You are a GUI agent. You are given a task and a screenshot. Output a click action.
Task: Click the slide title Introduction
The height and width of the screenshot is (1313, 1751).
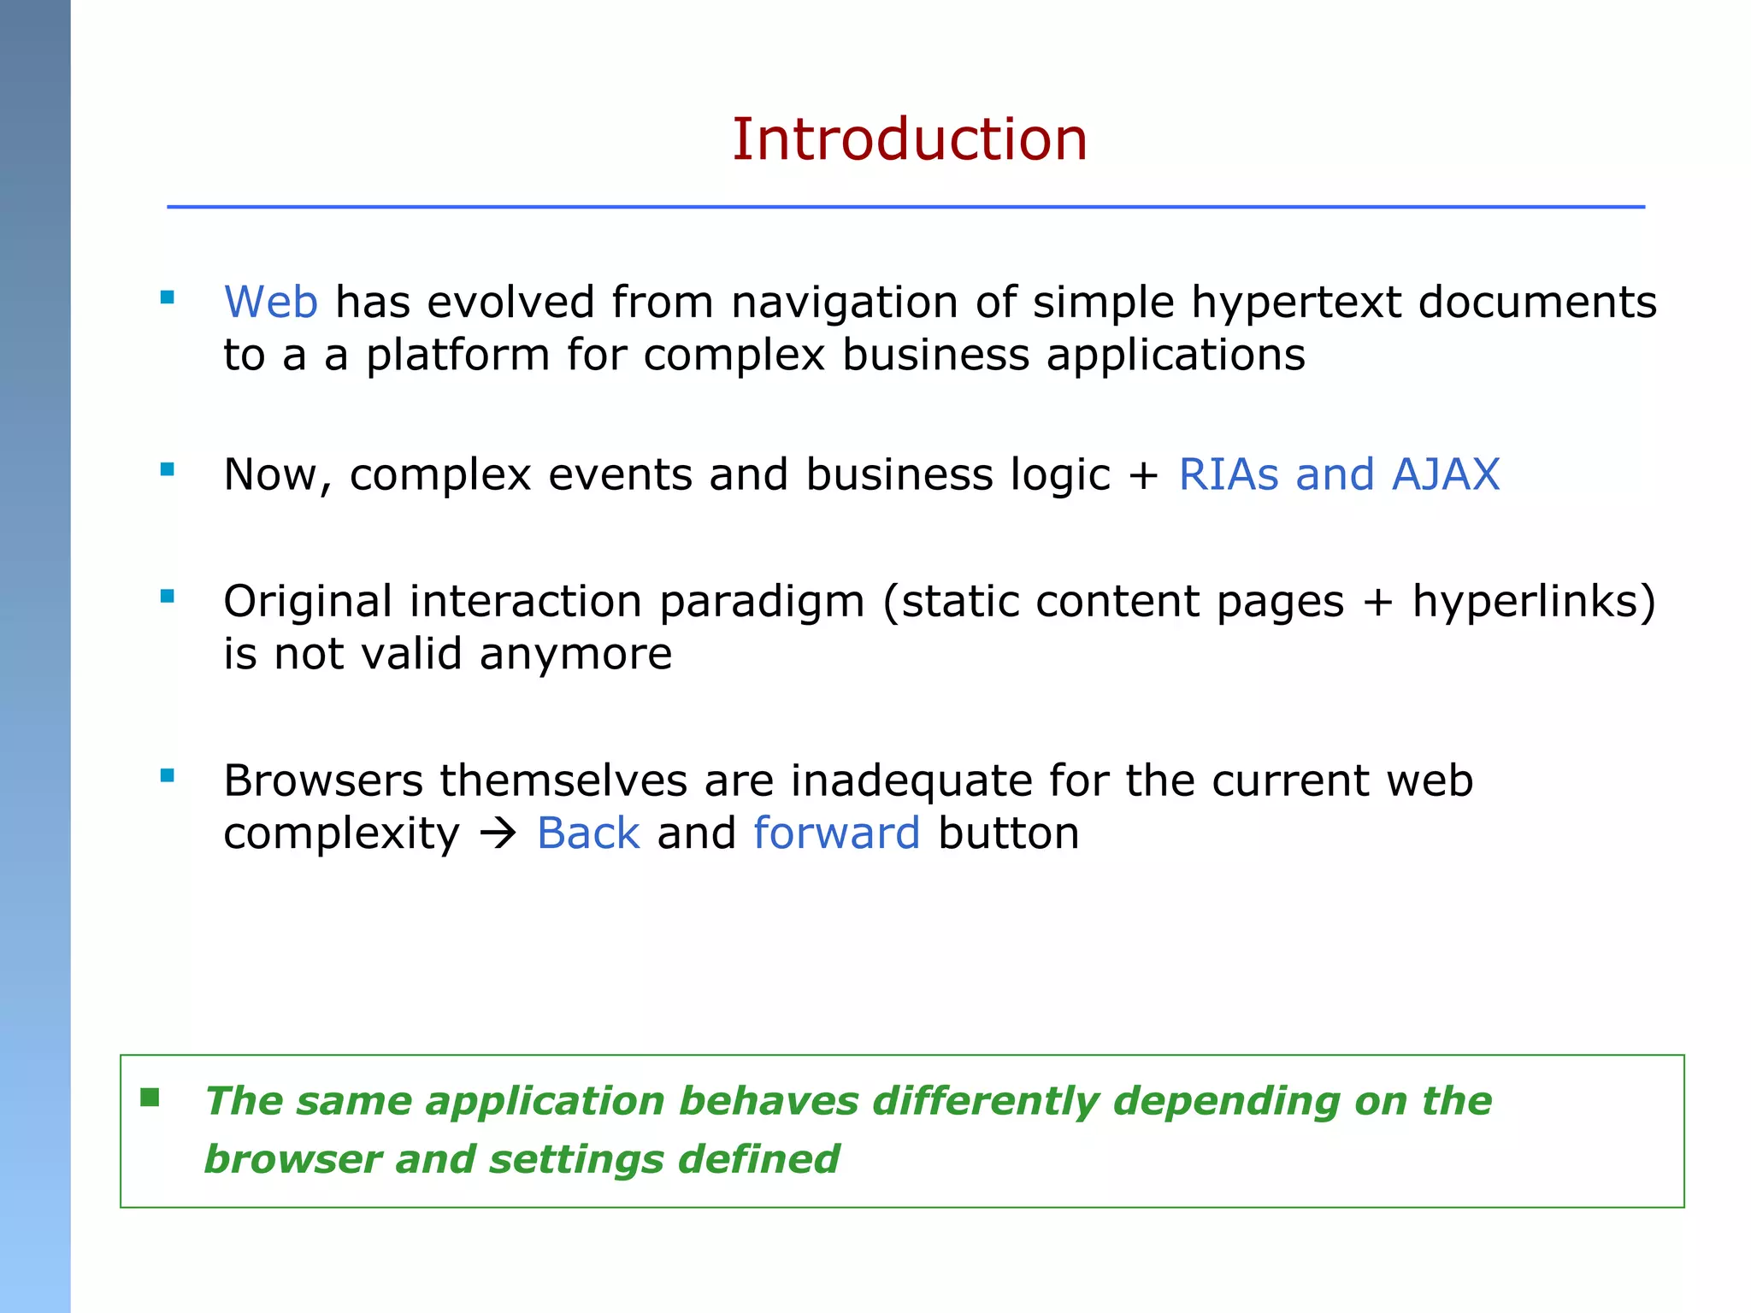[x=910, y=139]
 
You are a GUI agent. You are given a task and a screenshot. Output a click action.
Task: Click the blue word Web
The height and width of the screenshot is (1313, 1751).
[x=270, y=303]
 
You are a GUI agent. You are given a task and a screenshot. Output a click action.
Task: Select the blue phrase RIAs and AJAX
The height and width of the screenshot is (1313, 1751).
[x=1339, y=474]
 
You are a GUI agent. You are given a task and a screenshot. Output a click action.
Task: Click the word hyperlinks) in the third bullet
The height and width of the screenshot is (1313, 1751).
[x=1534, y=601]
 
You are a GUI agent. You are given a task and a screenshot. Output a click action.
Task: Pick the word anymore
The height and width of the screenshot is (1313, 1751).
[x=575, y=655]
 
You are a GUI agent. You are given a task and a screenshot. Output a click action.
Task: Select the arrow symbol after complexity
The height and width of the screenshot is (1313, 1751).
[x=498, y=833]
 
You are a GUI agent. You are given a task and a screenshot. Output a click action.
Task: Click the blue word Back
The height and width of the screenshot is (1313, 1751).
[x=588, y=833]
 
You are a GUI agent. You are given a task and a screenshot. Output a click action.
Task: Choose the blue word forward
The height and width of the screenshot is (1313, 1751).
[x=837, y=833]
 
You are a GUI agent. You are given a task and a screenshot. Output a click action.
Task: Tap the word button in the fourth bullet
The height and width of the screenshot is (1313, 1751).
[x=1009, y=833]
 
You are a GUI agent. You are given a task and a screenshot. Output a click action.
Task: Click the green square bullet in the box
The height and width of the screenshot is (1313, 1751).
[x=150, y=1098]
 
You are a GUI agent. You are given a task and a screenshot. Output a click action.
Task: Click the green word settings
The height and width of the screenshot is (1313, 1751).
[x=576, y=1160]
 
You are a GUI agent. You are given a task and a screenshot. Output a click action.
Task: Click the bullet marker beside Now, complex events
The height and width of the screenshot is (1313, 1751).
[x=168, y=469]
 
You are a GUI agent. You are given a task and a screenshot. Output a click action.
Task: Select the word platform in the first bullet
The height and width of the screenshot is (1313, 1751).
[x=457, y=356]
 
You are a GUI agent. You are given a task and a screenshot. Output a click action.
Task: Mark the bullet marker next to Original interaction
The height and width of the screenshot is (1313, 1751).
[x=168, y=597]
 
